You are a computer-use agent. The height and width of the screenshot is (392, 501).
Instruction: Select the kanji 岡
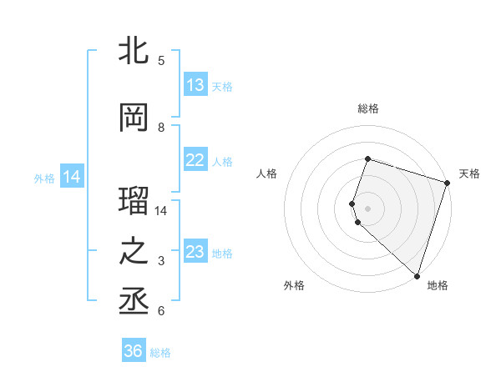(x=134, y=118)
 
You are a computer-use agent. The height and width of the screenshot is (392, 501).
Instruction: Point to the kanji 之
(x=134, y=252)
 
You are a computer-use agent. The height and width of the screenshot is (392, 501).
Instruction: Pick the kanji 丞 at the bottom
(x=134, y=302)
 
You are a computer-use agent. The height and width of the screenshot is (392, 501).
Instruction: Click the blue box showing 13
(x=195, y=85)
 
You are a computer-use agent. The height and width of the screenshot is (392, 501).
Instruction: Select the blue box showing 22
(x=195, y=160)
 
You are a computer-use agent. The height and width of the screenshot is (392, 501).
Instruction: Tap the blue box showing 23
(x=195, y=252)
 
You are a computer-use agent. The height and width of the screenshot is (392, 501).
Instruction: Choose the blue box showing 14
(x=71, y=177)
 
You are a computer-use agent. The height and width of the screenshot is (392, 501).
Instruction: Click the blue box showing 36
(x=134, y=351)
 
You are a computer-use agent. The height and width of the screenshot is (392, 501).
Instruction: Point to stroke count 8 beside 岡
(x=161, y=128)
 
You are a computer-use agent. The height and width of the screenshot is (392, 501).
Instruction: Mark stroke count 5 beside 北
(x=161, y=60)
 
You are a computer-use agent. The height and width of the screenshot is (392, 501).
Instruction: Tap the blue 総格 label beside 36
(x=160, y=353)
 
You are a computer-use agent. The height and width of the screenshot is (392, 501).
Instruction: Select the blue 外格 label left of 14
(x=44, y=178)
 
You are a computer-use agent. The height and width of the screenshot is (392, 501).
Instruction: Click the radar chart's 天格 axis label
(x=469, y=173)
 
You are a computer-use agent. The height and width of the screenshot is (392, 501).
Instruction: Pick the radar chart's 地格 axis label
(x=438, y=285)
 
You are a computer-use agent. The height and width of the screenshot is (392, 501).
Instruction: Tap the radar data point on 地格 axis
(x=417, y=275)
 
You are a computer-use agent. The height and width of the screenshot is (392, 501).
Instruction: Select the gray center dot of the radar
(x=367, y=208)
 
